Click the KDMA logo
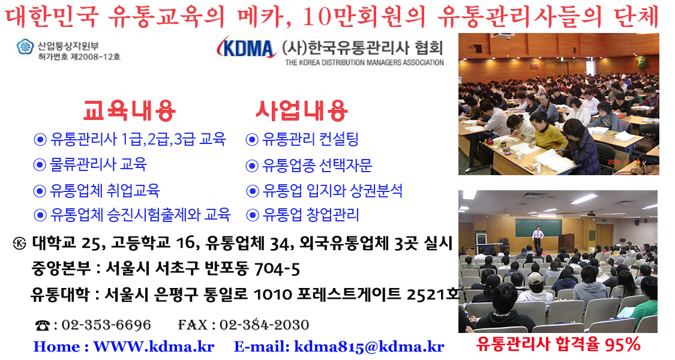[x=246, y=48]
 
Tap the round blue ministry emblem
[x=25, y=47]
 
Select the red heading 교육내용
[x=129, y=110]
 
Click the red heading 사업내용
[x=301, y=110]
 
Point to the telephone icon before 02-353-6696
[x=43, y=326]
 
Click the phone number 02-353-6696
[x=106, y=325]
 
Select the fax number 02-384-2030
[x=265, y=325]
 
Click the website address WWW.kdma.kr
[x=154, y=347]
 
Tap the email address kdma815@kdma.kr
[x=370, y=347]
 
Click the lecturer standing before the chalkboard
[x=537, y=238]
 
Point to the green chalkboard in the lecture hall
[x=539, y=227]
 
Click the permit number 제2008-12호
[x=95, y=57]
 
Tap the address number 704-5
[x=277, y=269]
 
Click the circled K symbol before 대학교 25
[x=19, y=244]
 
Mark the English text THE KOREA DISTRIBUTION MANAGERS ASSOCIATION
[x=364, y=62]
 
